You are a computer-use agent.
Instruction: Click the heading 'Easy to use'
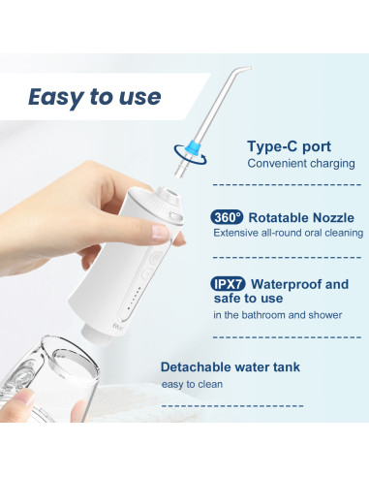94,97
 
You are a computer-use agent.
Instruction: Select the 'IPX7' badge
228,284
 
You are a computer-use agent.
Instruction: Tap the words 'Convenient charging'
301,163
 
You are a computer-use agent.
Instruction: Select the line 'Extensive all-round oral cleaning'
288,234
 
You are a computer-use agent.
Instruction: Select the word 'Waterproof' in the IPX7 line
290,284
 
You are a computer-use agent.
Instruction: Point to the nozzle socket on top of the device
173,189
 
